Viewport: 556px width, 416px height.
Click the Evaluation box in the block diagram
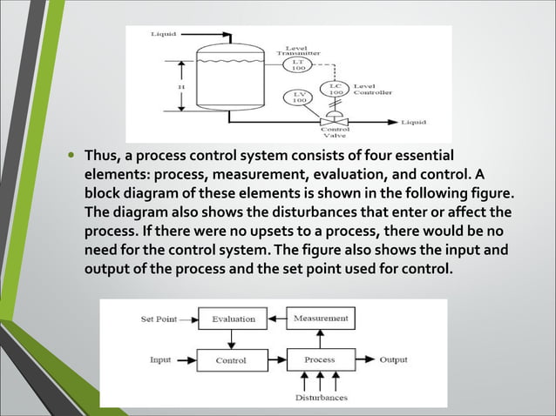[x=234, y=319]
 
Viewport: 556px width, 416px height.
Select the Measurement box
[x=321, y=319]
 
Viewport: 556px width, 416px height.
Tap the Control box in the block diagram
[x=231, y=359]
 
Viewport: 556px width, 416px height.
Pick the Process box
[x=320, y=359]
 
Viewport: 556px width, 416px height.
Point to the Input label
[x=160, y=359]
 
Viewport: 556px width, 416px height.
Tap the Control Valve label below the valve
[x=336, y=134]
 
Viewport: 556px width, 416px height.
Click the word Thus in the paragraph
[x=102, y=156]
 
